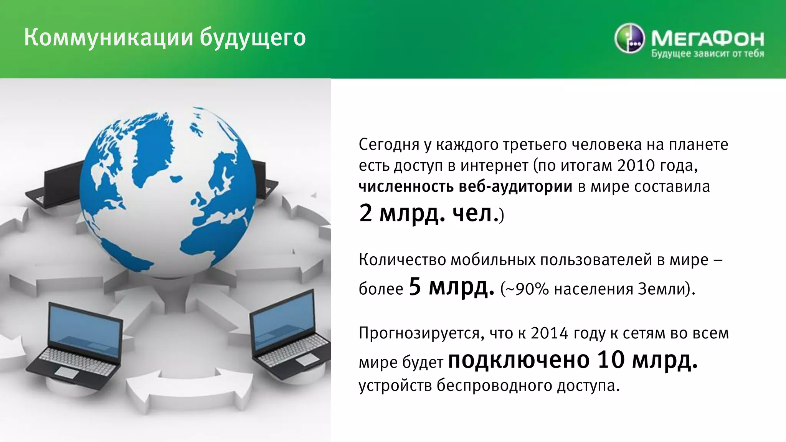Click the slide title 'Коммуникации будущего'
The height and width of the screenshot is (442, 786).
pyautogui.click(x=165, y=38)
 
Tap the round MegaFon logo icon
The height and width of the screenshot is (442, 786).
pyautogui.click(x=629, y=39)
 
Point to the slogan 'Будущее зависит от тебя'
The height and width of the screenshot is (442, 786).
pyautogui.click(x=707, y=54)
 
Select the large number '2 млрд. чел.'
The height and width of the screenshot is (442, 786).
pyautogui.click(x=426, y=213)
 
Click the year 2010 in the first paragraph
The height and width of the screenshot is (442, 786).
pyautogui.click(x=636, y=165)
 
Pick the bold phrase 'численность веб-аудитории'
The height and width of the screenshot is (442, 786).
pyautogui.click(x=465, y=187)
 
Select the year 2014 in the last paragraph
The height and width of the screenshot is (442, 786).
pyautogui.click(x=549, y=333)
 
